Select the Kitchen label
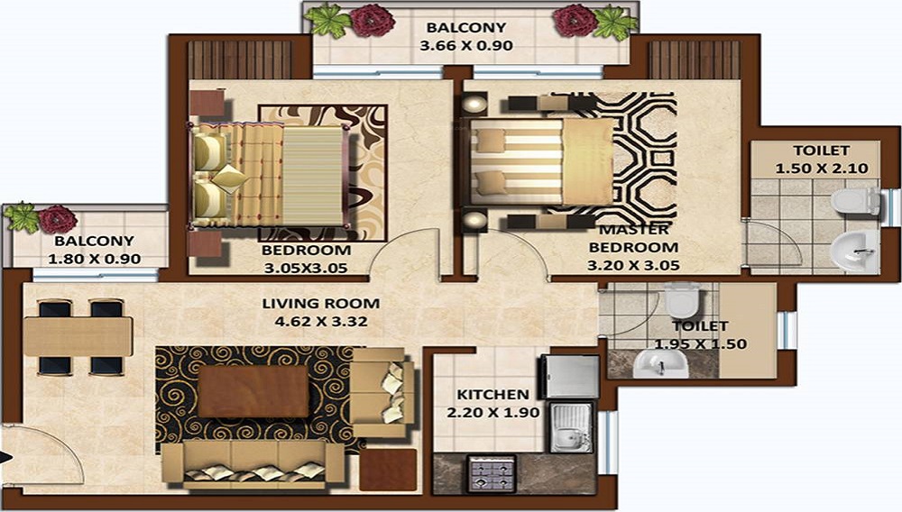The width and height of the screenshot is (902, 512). pos(492,394)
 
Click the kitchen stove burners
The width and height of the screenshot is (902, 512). pos(488,472)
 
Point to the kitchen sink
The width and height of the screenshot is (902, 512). pos(570,427)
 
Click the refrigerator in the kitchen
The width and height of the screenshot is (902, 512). pos(569,376)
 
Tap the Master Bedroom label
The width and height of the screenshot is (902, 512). pos(632,238)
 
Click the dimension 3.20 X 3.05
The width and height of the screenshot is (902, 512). pos(632,265)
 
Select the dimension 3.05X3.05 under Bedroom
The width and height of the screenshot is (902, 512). pos(304,267)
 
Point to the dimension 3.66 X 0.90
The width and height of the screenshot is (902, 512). pos(466,45)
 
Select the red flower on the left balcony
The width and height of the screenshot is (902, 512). pos(58,218)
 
